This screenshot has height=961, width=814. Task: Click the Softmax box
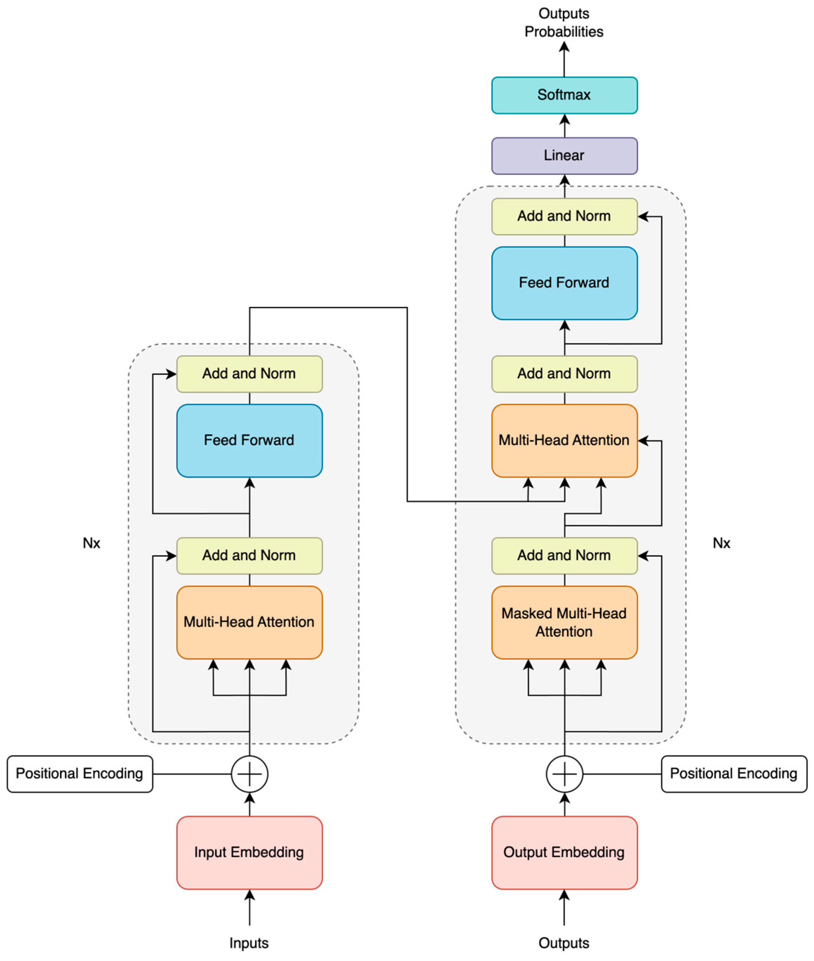click(x=564, y=95)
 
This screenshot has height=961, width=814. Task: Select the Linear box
click(x=564, y=156)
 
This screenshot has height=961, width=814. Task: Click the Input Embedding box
click(x=249, y=852)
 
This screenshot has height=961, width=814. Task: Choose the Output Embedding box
click(x=564, y=852)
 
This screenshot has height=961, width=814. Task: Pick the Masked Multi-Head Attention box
click(x=564, y=622)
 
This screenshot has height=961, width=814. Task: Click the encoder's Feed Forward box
click(x=249, y=440)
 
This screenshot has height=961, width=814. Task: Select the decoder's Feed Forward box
click(x=564, y=283)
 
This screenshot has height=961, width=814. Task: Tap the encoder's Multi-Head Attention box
click(x=249, y=622)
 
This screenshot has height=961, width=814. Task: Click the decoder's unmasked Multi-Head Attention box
click(x=564, y=440)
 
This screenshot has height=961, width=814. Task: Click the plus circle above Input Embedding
click(x=249, y=774)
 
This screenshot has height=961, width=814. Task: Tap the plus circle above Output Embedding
click(x=564, y=774)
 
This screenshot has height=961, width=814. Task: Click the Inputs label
click(x=249, y=943)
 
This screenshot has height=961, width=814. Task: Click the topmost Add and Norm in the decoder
click(x=564, y=216)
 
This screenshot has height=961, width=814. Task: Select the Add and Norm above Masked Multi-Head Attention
click(x=564, y=555)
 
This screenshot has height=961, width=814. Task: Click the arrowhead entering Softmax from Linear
click(x=564, y=120)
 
